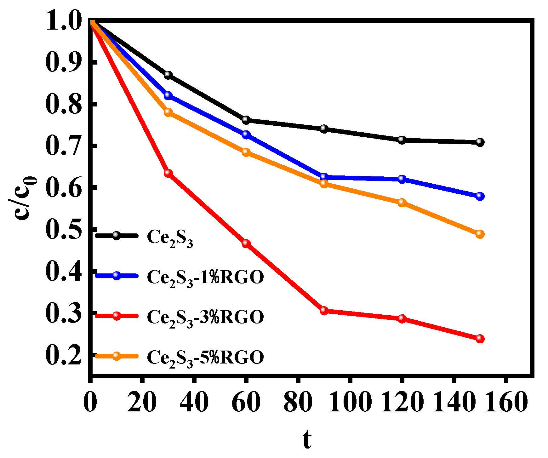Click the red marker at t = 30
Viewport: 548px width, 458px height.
pos(168,173)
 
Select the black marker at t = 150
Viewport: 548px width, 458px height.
pos(480,142)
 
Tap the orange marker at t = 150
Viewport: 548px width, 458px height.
pos(480,234)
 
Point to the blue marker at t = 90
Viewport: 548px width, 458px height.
pos(324,177)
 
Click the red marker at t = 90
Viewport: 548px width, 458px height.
pos(324,311)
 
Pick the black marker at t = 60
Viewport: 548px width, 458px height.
pos(246,120)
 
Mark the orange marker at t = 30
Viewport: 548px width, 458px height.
pos(168,112)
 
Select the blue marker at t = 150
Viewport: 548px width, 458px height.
pos(480,196)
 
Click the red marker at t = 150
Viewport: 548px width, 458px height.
pos(480,339)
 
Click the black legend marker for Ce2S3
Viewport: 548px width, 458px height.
pos(117,235)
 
